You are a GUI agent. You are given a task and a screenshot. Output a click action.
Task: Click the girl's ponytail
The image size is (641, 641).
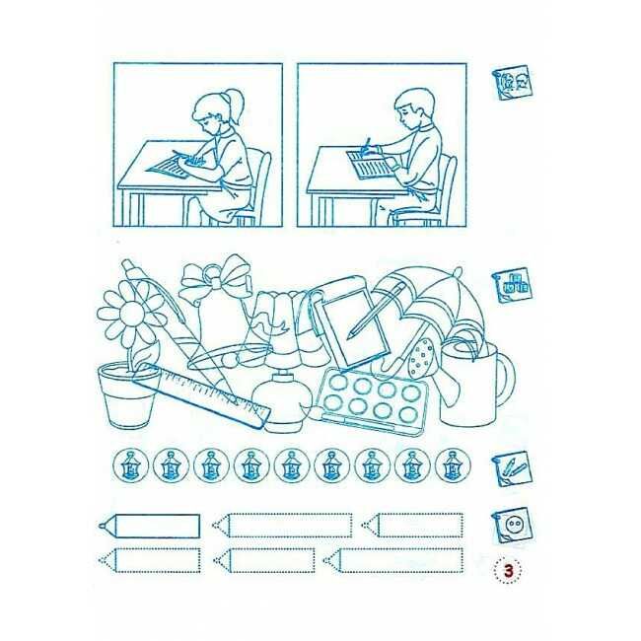pos(237,106)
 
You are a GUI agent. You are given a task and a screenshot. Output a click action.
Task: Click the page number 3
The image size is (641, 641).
pos(508,571)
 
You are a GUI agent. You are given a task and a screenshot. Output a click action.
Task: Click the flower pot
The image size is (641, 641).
pos(128,394)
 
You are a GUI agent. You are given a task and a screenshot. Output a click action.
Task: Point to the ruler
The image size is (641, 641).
pos(201,394)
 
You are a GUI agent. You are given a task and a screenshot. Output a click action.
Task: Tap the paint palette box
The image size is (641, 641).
pos(373,400)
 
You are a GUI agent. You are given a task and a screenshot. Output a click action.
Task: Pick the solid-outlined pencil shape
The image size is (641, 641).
pos(149,526)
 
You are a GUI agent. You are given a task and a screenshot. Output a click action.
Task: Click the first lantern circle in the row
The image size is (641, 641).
pos(130,465)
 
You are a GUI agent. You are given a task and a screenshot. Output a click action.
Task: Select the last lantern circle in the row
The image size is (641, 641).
pos(453,465)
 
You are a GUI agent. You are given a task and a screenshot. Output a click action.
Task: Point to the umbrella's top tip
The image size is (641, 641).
pos(459,270)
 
